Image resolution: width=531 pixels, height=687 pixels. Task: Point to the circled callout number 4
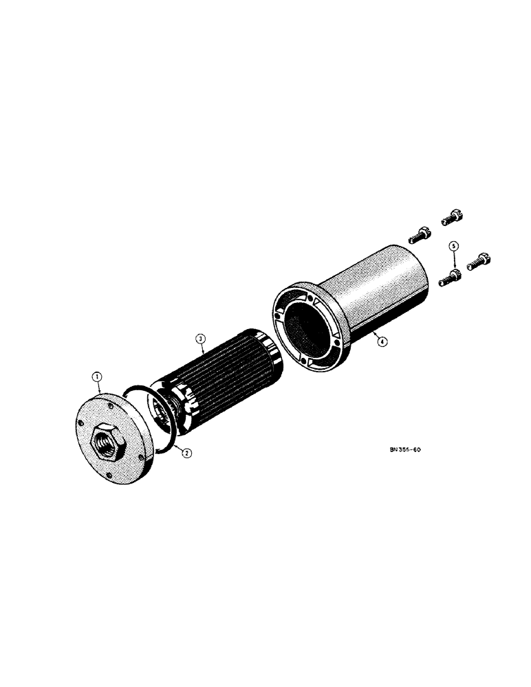pos(382,339)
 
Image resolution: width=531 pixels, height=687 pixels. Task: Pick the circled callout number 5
pos(453,245)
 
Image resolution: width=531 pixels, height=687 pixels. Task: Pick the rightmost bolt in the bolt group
pos(477,262)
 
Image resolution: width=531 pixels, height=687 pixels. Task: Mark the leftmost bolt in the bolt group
pos(418,236)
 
